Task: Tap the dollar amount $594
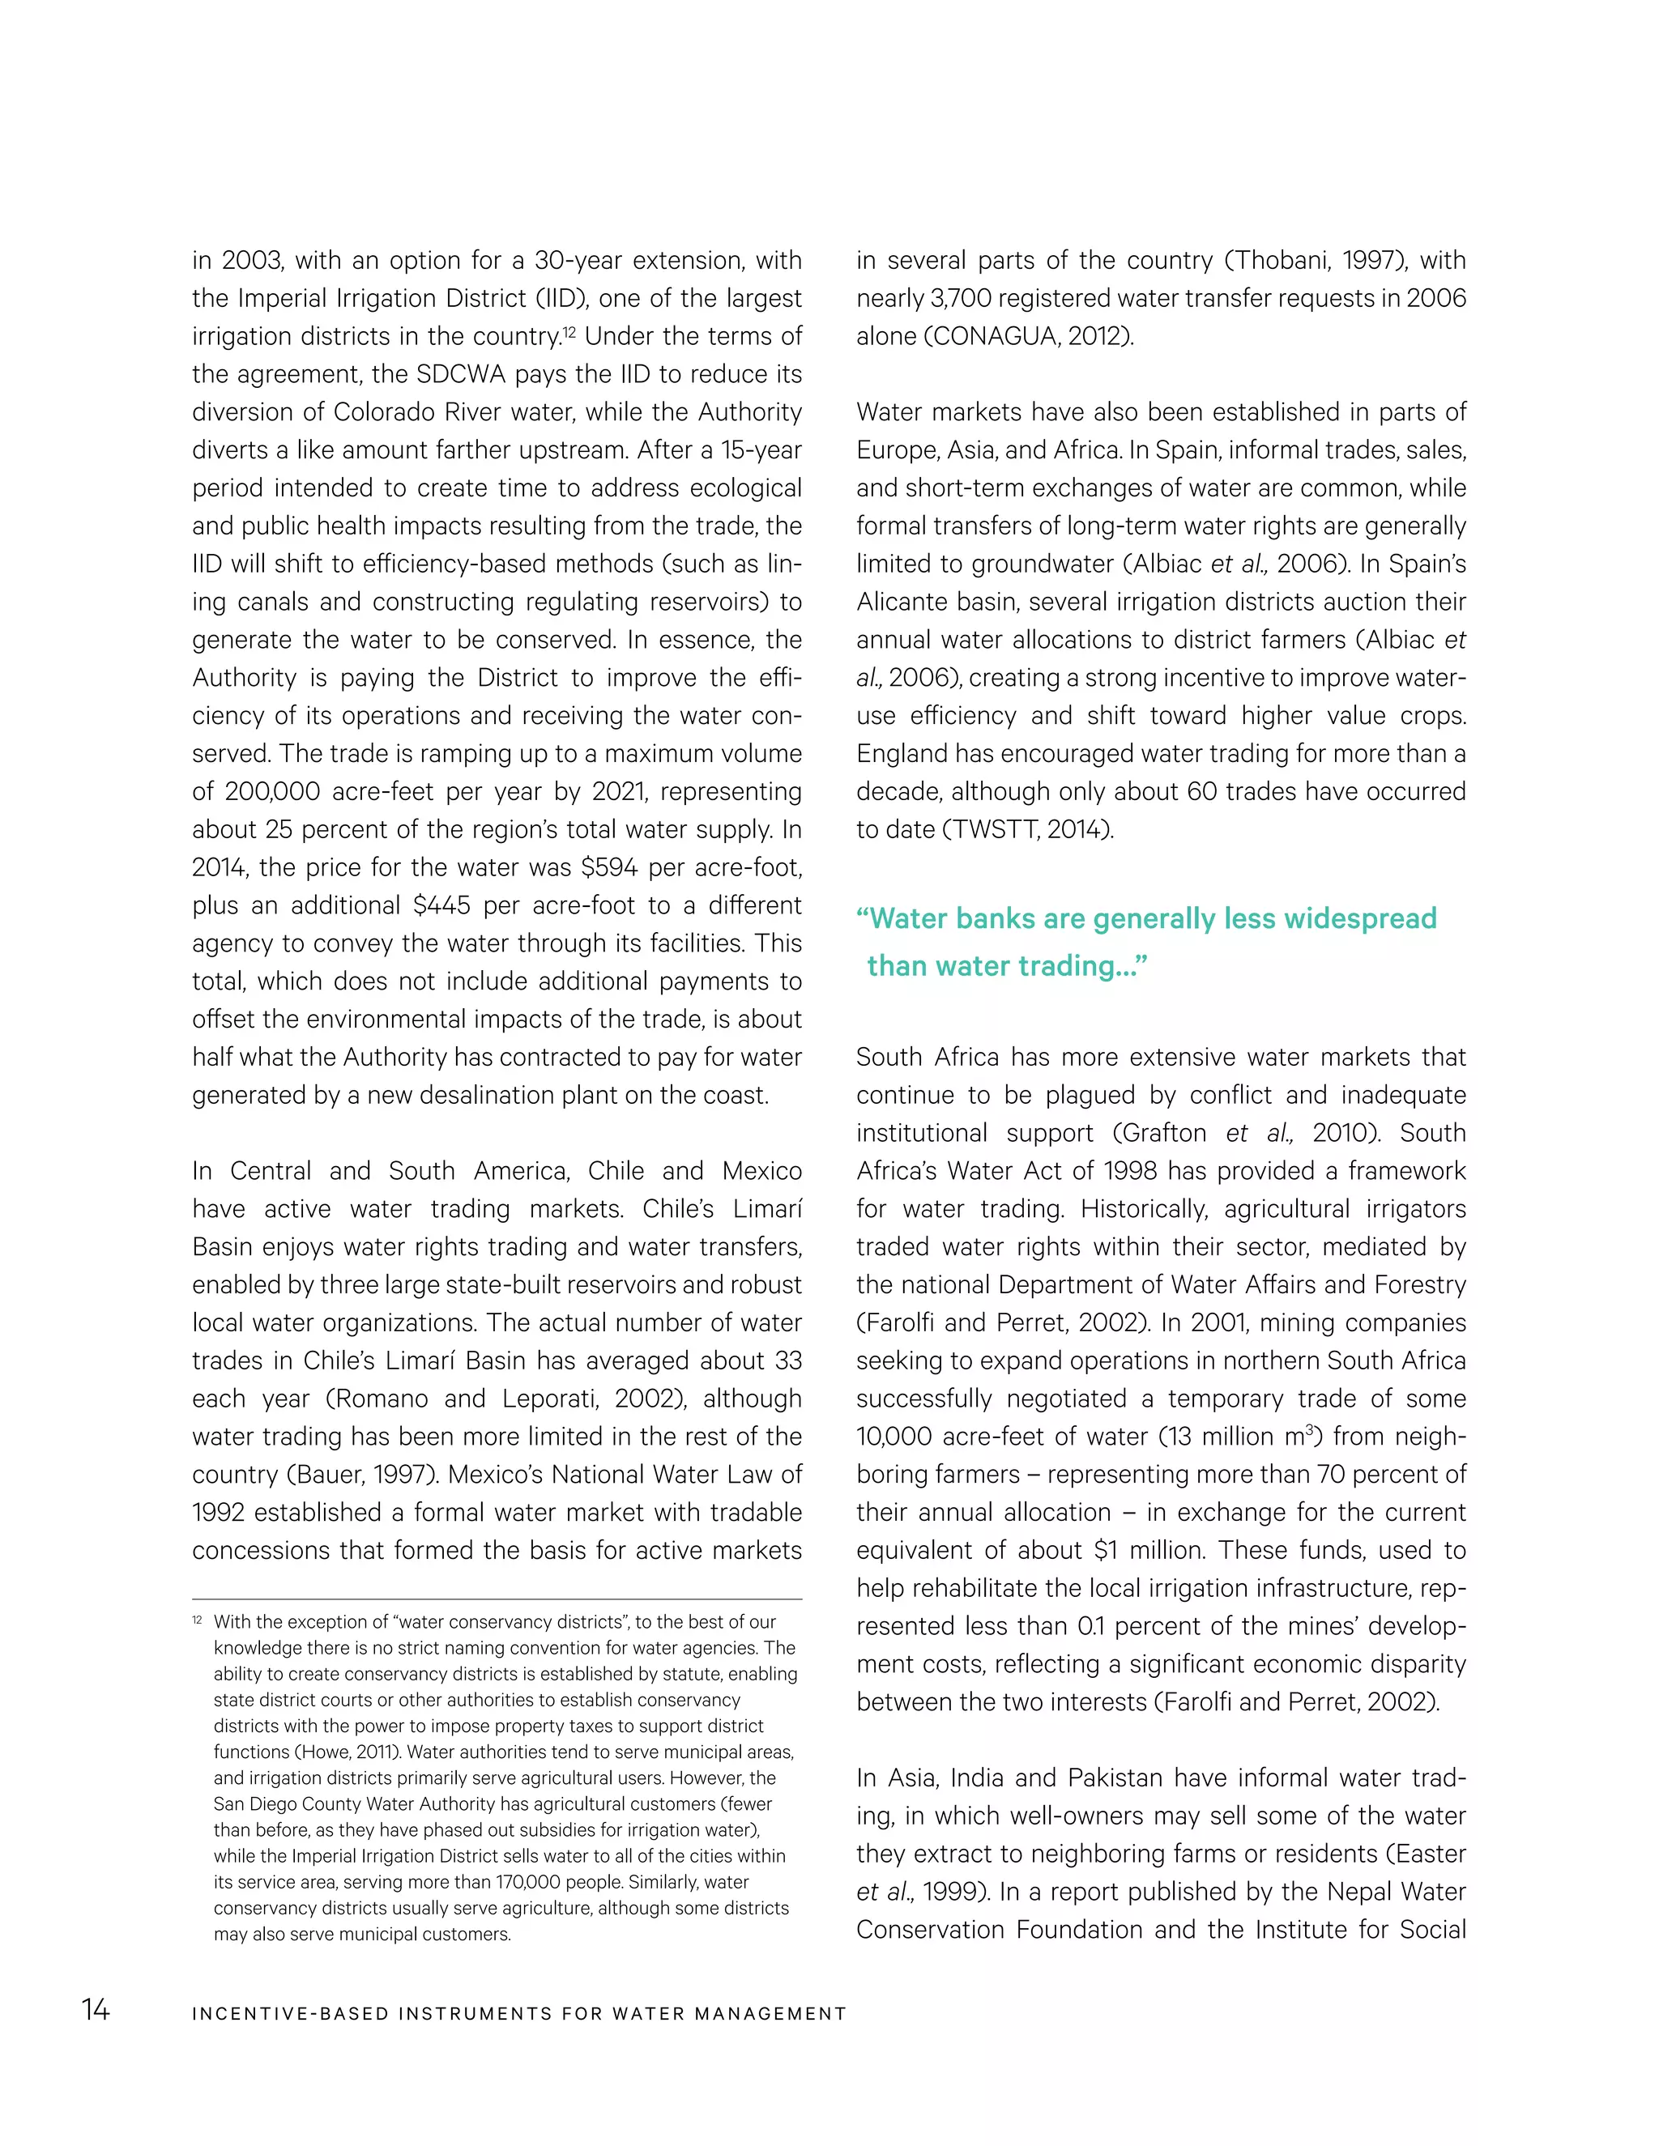click(609, 867)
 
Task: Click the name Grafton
click(1164, 1133)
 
